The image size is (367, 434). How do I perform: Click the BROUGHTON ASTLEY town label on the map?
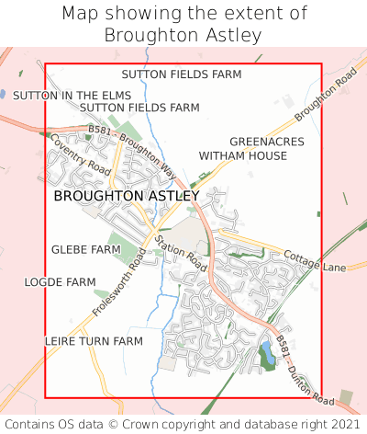tap(126, 196)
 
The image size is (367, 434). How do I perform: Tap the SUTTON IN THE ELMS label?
tap(72, 95)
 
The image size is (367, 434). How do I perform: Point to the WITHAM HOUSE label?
tap(243, 155)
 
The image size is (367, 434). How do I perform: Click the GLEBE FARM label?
tap(85, 249)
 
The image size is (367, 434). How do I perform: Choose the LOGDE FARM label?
tap(60, 281)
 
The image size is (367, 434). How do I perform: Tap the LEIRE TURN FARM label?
tap(94, 340)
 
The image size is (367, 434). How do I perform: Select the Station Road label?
tap(181, 252)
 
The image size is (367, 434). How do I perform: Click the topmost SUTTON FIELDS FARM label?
tap(181, 74)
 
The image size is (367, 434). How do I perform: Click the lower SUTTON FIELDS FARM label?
tap(139, 108)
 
